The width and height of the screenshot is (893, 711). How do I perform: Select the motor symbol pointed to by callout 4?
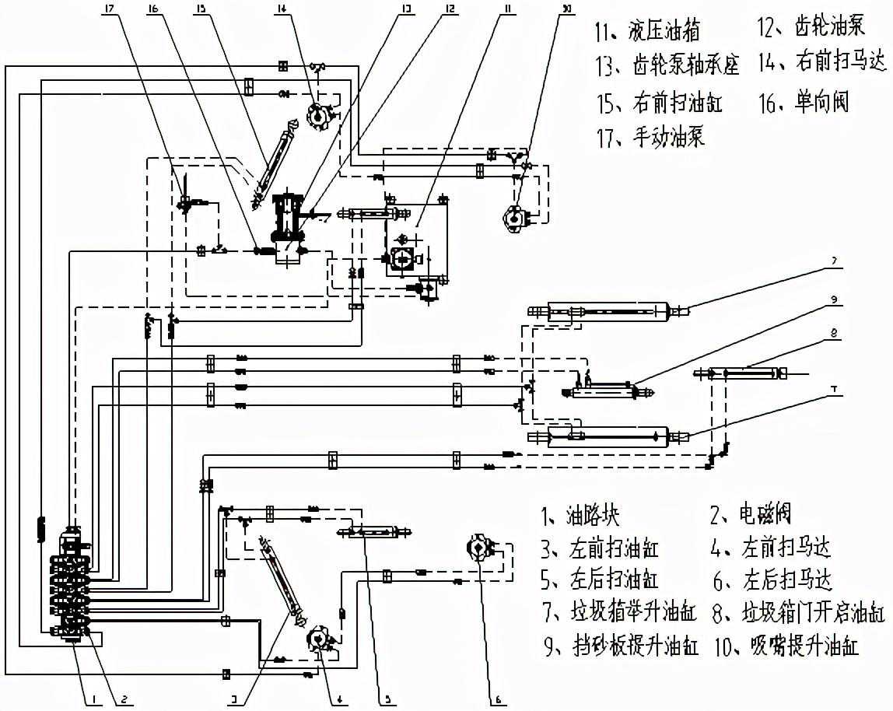(317, 639)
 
